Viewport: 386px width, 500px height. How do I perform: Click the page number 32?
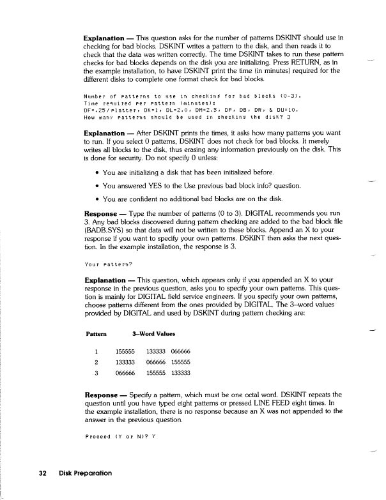point(43,473)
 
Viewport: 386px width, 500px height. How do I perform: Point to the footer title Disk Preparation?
point(85,473)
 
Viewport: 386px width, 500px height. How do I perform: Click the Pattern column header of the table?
point(96,333)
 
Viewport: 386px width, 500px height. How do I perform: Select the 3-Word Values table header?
point(153,333)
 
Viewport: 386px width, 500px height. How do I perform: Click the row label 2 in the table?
point(95,362)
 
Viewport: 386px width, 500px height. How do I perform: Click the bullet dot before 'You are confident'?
point(96,199)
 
